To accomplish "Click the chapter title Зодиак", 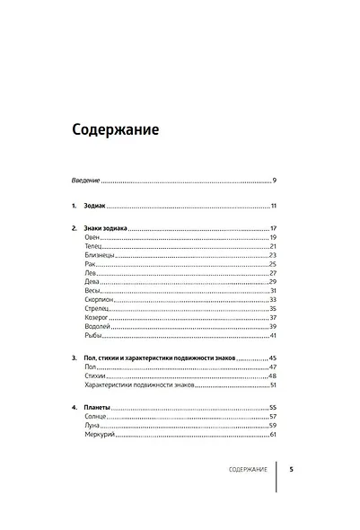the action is point(96,205).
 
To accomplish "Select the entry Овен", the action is point(93,238).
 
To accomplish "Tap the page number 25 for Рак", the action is point(272,264).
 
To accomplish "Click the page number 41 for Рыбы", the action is point(272,335).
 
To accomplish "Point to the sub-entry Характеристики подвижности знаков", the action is point(135,384).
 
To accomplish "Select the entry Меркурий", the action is point(101,435).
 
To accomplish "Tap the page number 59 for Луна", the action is point(272,426).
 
